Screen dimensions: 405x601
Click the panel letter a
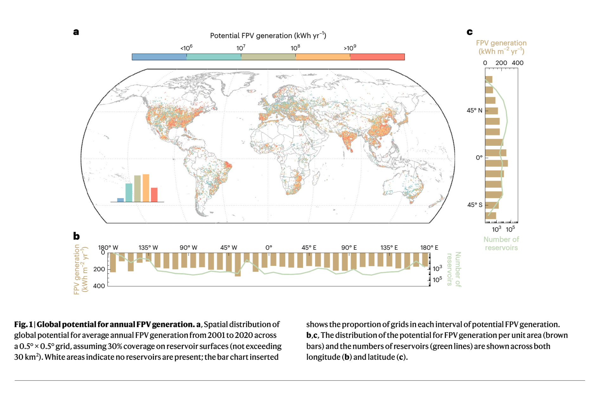(76, 32)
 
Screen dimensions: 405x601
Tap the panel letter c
(469, 32)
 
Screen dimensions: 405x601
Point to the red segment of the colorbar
(377, 57)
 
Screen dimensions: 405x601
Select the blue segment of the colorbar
(159, 57)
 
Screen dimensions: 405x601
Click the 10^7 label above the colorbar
(241, 48)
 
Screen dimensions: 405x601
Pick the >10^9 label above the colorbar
(350, 48)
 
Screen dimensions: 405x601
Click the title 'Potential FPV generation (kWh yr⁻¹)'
(268, 35)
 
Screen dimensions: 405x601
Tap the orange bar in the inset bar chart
(146, 188)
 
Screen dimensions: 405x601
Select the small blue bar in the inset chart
(120, 200)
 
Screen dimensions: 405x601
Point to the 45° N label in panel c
(474, 110)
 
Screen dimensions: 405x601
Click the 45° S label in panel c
(475, 205)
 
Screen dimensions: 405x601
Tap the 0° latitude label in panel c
(479, 157)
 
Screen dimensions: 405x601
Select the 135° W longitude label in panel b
(148, 248)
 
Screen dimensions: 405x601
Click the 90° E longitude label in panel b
(349, 248)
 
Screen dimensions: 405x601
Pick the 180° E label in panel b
(429, 248)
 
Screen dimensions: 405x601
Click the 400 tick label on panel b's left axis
(99, 286)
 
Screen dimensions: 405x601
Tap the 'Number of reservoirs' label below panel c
(501, 243)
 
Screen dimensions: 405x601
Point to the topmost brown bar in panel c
(489, 80)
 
